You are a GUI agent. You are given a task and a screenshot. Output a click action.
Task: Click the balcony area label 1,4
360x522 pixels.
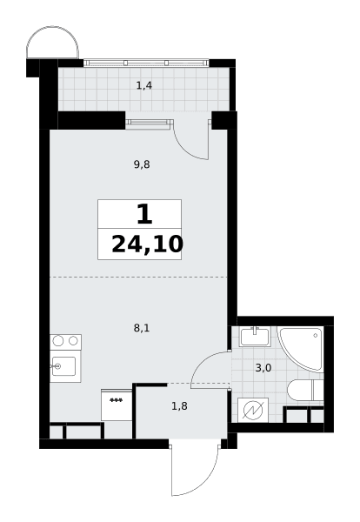pos(144,86)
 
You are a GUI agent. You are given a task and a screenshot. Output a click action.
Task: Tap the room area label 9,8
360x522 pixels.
pos(142,164)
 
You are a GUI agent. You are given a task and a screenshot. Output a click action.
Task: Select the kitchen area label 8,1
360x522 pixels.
pos(142,329)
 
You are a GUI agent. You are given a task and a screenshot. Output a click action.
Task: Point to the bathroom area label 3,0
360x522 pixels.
pos(263,368)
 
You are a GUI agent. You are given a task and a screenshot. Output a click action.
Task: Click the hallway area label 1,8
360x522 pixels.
pos(179,406)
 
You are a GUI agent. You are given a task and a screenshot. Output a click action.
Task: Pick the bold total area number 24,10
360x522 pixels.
pos(148,244)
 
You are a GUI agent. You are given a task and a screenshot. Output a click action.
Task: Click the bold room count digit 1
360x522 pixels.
pos(144,214)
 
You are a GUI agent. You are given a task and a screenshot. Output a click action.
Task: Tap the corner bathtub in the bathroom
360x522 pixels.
pos(301,348)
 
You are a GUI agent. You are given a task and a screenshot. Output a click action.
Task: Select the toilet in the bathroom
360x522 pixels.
pos(305,390)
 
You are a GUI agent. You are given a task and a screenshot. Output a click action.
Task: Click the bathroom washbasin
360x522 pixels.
pos(256,337)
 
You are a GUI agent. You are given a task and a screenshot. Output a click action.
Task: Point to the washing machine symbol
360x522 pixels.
pos(253,410)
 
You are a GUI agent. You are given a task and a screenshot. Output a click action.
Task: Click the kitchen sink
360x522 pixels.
pos(63,366)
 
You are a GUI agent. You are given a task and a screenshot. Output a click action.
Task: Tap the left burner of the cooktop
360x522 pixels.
pos(58,341)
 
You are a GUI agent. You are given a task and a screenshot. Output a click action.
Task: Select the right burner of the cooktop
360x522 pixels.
pos(73,340)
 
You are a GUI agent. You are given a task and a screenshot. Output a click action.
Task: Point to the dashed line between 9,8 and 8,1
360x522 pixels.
pos(138,277)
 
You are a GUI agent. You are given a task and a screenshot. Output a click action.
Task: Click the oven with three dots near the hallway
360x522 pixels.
pos(117,405)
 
